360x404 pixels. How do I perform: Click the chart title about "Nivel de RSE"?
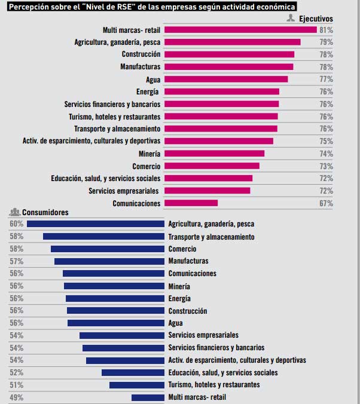(x=152, y=6)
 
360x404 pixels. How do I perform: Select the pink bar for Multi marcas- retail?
(x=240, y=29)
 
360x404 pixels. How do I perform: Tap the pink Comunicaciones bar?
(x=191, y=203)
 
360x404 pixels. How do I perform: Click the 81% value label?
(x=326, y=29)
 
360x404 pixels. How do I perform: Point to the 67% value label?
(x=326, y=203)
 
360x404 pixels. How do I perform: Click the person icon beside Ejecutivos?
(x=291, y=19)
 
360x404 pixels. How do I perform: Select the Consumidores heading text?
(x=45, y=213)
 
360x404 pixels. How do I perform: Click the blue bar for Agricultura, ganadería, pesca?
(x=96, y=224)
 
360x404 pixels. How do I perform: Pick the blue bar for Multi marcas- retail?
(x=148, y=397)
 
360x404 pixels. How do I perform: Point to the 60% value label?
(x=16, y=224)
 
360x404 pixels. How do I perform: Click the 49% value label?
(x=16, y=397)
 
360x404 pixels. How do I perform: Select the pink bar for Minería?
(x=214, y=154)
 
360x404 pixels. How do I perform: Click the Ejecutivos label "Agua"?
(x=153, y=79)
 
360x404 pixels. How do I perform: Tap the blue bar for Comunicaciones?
(x=114, y=274)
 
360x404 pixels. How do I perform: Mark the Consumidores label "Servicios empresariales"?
(x=203, y=335)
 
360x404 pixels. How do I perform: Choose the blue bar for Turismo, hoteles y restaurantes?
(x=137, y=385)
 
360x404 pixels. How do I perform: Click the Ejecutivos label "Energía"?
(x=148, y=91)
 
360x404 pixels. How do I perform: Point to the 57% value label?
(x=16, y=261)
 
